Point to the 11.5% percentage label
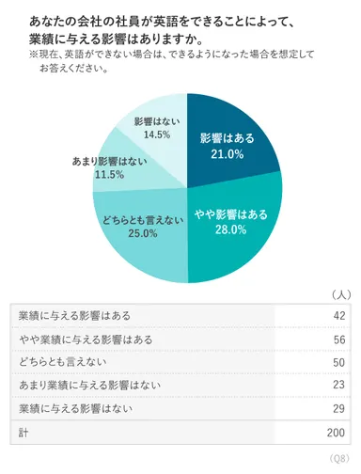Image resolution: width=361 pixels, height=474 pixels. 108,175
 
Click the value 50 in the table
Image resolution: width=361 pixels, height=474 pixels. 339,362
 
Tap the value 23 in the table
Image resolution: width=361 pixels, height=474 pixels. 339,385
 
